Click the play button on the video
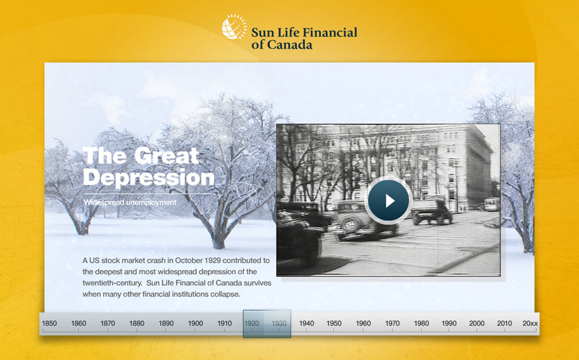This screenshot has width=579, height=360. coord(388,200)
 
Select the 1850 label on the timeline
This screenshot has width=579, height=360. coord(49,323)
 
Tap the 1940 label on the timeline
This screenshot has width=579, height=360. coord(307,323)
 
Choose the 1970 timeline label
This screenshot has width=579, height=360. coord(392,323)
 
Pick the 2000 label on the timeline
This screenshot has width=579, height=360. coord(477,323)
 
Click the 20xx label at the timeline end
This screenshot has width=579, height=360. coord(530,323)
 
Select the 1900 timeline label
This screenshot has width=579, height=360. coord(196,323)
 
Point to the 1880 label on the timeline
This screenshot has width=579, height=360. coord(137,323)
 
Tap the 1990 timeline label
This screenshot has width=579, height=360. coord(449,323)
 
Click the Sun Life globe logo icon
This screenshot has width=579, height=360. coord(234,27)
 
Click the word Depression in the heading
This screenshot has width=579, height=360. coord(149,178)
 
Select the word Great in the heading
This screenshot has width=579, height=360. coord(166,156)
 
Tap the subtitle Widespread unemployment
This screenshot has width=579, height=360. coord(130,202)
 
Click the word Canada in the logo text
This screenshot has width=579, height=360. coord(289,44)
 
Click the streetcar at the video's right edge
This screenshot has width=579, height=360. coord(492,204)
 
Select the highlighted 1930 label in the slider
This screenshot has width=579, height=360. coord(279,323)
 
